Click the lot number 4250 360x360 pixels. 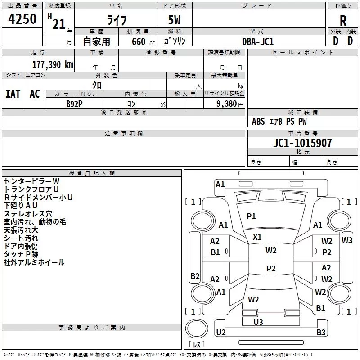[x=22, y=20]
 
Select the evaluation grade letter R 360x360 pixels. [x=343, y=21]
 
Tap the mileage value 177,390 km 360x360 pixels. [x=53, y=64]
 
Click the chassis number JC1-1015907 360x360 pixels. [x=303, y=143]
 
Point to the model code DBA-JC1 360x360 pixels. [x=258, y=41]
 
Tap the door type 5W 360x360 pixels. [x=175, y=21]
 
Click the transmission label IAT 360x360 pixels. [x=13, y=94]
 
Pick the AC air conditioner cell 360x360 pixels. [x=35, y=94]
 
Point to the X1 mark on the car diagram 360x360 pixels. [x=257, y=237]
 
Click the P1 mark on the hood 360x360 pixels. [x=251, y=216]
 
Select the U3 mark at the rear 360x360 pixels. [x=258, y=322]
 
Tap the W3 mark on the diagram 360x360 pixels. [x=347, y=240]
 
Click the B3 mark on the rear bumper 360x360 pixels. [x=321, y=333]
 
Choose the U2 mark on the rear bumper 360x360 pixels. [x=220, y=333]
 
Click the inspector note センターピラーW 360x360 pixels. [x=31, y=181]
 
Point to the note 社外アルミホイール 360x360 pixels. [x=34, y=262]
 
